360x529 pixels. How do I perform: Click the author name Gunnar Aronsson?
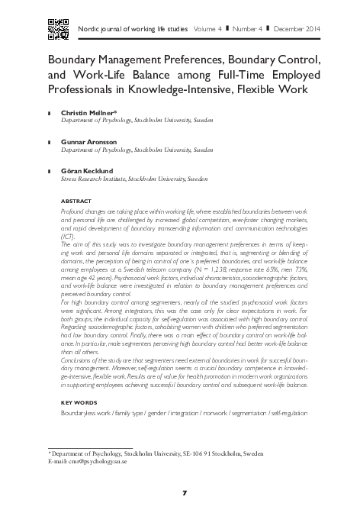[x=88, y=141]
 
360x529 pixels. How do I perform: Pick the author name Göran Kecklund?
[x=87, y=171]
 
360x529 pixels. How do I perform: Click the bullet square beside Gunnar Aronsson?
[x=50, y=142]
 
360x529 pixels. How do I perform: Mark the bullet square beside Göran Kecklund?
[x=50, y=172]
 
